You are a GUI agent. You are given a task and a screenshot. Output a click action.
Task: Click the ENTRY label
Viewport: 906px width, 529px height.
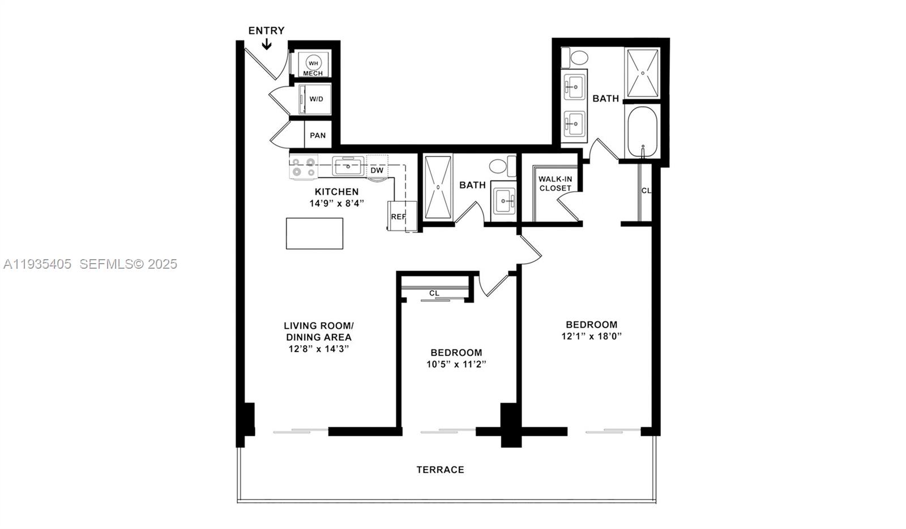pos(266,31)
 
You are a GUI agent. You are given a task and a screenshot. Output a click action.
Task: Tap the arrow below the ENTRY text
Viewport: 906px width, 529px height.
pos(267,44)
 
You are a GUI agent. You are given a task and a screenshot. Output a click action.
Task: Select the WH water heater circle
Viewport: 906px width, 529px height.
pos(313,62)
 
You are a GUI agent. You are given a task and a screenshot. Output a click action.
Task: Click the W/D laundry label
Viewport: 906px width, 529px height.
pos(317,99)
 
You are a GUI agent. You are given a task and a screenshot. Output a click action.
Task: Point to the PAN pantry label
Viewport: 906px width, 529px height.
pos(318,136)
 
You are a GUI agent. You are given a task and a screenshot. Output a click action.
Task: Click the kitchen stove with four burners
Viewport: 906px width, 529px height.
pos(304,167)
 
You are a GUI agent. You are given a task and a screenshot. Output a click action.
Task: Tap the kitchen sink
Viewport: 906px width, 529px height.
pos(347,167)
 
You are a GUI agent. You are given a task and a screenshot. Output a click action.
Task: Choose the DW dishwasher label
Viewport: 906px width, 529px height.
pos(377,170)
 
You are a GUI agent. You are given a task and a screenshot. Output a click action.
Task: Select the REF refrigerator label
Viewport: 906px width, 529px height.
pos(398,217)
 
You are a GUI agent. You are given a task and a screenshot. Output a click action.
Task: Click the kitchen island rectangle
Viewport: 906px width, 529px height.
pos(314,234)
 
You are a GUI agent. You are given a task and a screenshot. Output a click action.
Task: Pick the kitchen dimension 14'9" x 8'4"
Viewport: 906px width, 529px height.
pos(336,203)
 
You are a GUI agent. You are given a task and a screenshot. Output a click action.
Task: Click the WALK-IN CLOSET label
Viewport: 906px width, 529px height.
pos(555,184)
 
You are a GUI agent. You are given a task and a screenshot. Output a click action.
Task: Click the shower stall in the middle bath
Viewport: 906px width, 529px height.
pos(438,187)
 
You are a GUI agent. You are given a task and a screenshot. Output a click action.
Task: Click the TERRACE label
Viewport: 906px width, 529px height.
pos(440,469)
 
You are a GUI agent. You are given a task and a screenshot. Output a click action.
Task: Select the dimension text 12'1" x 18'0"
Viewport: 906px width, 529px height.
pos(592,336)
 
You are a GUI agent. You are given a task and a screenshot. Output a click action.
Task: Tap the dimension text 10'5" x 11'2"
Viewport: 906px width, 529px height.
pos(456,364)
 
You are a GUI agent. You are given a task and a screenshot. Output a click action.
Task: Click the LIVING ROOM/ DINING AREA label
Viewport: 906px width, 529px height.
pos(319,331)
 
